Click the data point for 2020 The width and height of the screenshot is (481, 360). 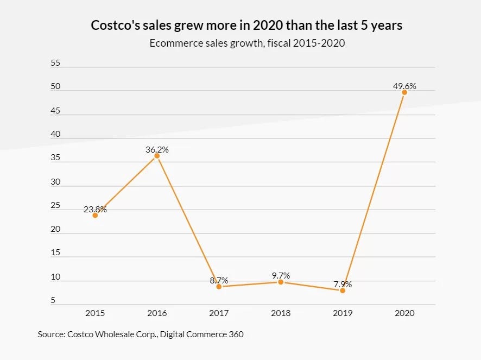point(404,92)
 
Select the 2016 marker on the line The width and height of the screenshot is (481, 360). point(157,156)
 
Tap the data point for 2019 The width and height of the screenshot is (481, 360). point(343,290)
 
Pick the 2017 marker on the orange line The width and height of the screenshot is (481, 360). point(219,287)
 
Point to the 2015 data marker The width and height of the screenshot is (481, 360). point(95,215)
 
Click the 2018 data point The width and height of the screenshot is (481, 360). point(281,282)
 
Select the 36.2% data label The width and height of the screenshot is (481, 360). point(157,149)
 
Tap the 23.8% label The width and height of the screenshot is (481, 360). point(95,209)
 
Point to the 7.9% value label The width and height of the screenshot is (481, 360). point(343,284)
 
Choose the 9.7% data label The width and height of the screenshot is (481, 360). point(281,275)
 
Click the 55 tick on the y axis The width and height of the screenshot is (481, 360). point(55,63)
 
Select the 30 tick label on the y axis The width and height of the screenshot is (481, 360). point(55,182)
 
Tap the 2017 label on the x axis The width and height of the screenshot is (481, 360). point(219,313)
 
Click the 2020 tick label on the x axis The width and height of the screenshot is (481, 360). point(404,313)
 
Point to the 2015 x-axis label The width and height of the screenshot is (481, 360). point(95,313)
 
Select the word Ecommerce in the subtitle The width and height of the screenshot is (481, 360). point(173,43)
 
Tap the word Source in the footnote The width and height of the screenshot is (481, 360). point(50,334)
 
